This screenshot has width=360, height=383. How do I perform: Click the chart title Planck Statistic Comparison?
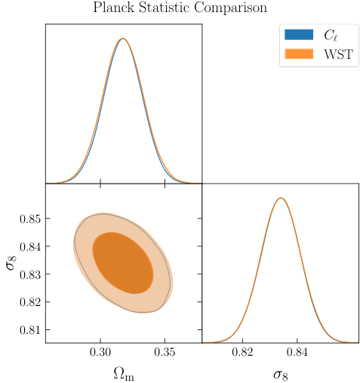coord(180,8)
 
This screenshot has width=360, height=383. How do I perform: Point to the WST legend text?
coord(338,54)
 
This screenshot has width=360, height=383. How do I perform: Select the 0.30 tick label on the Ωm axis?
coord(100,353)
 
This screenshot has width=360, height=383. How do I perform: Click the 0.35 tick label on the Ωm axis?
coord(165,353)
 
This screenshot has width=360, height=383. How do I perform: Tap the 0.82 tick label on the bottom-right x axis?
coord(243,353)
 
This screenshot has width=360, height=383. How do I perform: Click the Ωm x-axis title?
coord(123,373)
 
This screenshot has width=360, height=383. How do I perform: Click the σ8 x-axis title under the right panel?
coord(280,373)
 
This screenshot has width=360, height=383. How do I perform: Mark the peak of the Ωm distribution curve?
coord(123,39)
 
